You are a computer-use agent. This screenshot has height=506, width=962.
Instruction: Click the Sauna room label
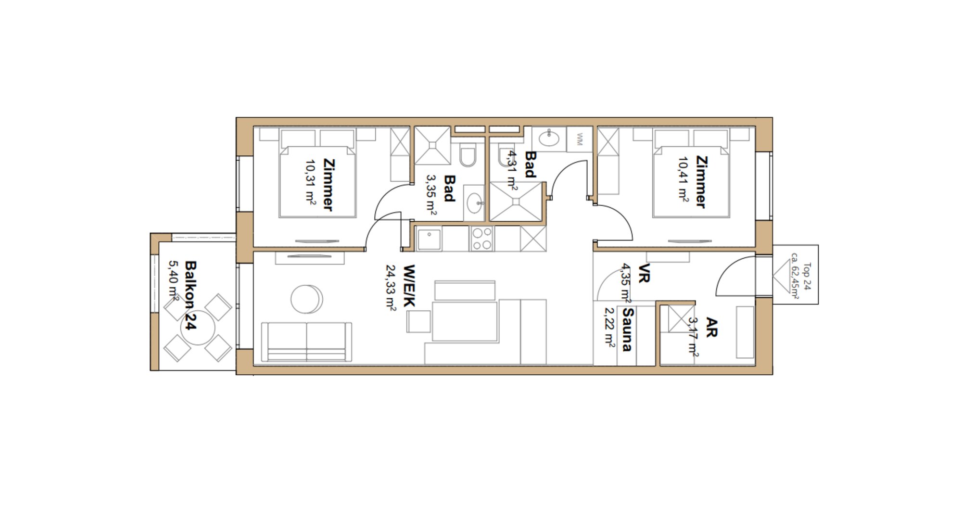[627, 329]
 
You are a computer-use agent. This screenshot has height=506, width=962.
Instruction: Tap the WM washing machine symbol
[579, 139]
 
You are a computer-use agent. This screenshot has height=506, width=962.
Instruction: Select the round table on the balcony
[197, 327]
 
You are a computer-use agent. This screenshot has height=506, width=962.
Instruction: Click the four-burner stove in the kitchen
[482, 239]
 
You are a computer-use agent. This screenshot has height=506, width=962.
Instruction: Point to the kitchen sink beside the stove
[429, 240]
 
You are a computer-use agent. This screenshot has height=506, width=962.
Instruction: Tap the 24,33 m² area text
[390, 288]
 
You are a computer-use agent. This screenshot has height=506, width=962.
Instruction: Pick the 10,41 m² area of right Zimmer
[683, 179]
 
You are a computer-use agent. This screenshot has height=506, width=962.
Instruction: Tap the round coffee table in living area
[306, 299]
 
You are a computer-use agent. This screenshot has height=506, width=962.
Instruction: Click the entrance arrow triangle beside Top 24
[782, 281]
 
